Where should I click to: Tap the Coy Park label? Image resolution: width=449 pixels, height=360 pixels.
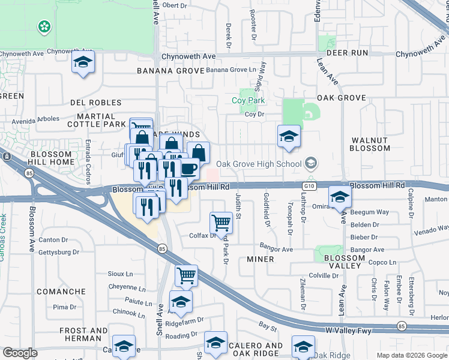tap(248, 100)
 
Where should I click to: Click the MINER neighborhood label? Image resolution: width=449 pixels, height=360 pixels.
tap(261, 259)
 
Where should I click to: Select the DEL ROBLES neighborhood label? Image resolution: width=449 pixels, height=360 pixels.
tap(95, 103)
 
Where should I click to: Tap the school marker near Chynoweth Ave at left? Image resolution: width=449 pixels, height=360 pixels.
tap(83, 62)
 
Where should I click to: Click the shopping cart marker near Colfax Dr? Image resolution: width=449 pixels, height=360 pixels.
tap(221, 223)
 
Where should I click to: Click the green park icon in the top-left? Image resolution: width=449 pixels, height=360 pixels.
tap(44, 26)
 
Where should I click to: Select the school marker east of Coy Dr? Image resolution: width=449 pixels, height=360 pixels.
tap(289, 136)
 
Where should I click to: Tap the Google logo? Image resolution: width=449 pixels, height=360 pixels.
tap(20, 353)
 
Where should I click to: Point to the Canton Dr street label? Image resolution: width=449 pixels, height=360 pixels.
tap(53, 240)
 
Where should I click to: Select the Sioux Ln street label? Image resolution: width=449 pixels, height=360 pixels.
tap(119, 274)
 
